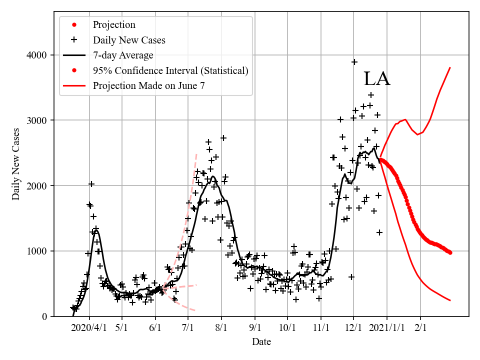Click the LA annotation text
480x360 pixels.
[376, 79]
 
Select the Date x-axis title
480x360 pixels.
[261, 341]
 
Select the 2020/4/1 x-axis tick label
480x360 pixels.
[89, 328]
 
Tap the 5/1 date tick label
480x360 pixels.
[122, 328]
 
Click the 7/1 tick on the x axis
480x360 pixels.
[188, 328]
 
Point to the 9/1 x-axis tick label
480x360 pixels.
[255, 328]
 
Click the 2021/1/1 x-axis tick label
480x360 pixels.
[386, 328]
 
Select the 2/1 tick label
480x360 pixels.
[420, 328]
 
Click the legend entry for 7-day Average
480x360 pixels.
[123, 55]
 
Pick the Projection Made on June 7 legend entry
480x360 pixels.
[148, 86]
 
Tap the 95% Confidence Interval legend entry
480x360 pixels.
[170, 70]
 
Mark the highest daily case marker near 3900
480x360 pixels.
[354, 62]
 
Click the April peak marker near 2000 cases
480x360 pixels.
[91, 184]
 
